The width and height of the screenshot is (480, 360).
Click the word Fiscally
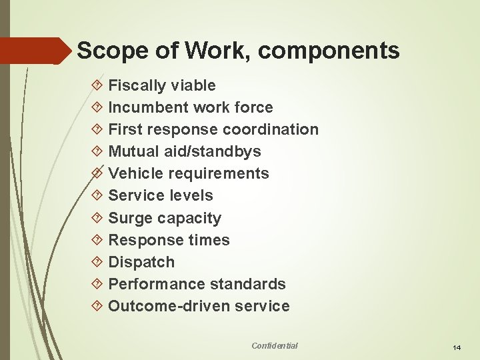[x=137, y=85]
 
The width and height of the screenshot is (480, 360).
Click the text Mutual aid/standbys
[x=185, y=151]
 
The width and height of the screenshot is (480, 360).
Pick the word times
[x=208, y=240]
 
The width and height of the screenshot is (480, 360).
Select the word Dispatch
[x=141, y=262]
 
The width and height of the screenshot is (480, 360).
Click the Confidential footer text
[x=275, y=345]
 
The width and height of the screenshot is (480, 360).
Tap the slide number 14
[x=457, y=348]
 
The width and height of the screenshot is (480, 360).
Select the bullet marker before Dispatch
[x=97, y=262]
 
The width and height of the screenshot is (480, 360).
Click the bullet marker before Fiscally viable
[x=97, y=85]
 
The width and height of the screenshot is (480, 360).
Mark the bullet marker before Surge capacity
[x=97, y=218]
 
